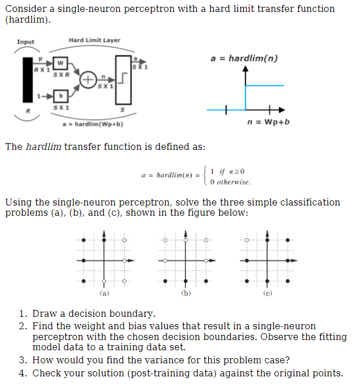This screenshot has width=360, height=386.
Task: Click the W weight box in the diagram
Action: coord(60,63)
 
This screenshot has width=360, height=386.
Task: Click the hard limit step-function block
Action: coord(123,79)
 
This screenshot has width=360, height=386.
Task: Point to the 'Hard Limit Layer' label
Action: coord(94,40)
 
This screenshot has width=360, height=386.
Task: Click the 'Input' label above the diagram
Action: coord(26,42)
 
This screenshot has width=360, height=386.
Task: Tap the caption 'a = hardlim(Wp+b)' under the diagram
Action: coord(92,124)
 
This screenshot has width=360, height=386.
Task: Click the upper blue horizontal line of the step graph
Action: coord(264,85)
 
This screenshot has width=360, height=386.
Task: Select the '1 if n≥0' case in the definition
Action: coord(226,171)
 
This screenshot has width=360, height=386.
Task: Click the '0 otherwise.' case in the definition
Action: coord(230,182)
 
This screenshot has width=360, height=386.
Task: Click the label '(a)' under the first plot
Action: coord(104,293)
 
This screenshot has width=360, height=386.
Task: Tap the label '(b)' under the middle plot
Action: coord(185,293)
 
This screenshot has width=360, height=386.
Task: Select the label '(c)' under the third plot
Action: coord(268,293)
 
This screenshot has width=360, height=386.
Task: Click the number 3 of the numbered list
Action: coord(22,360)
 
